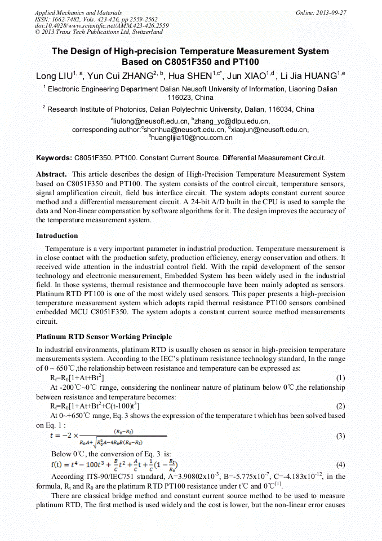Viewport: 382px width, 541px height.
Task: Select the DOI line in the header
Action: [101, 25]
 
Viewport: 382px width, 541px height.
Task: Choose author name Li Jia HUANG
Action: [312, 76]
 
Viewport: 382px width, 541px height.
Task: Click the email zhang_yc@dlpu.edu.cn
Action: [232, 121]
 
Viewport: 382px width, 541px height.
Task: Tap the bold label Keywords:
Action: [54, 159]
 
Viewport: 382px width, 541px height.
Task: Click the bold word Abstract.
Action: [51, 175]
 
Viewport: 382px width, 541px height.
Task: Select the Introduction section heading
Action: [57, 235]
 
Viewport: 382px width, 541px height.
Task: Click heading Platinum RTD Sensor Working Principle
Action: [104, 337]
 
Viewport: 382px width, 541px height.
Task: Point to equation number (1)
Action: [340, 377]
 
